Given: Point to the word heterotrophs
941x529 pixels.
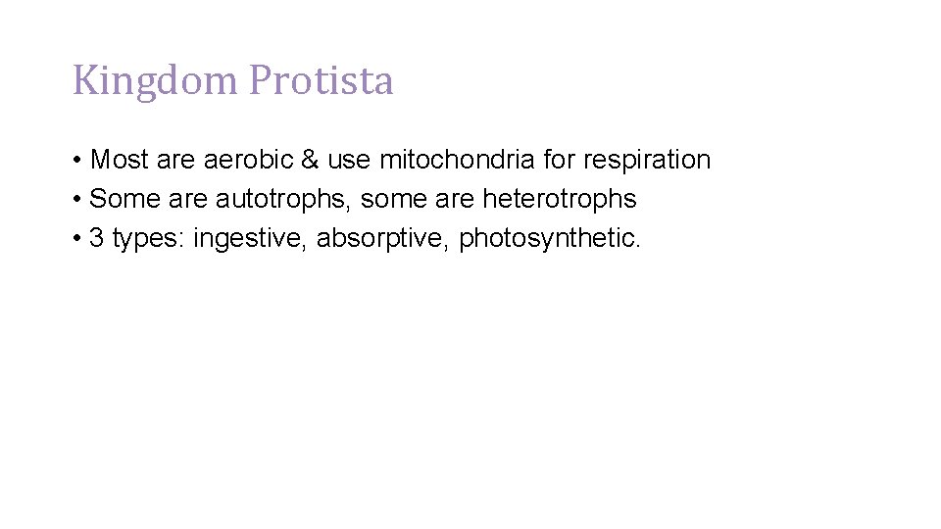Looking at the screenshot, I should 559,199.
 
